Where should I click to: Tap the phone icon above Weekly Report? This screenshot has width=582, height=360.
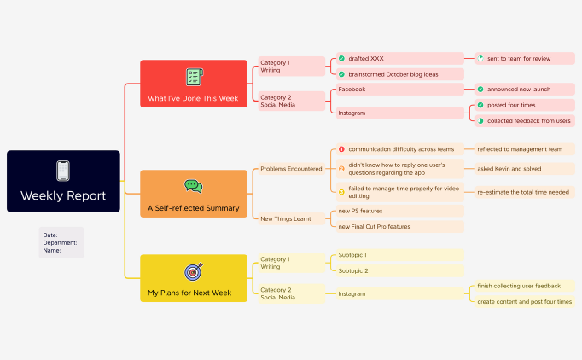(63, 171)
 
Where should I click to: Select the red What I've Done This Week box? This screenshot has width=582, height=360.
(193, 84)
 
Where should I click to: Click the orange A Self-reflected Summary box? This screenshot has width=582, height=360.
(193, 194)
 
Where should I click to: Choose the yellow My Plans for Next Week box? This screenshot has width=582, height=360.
(193, 279)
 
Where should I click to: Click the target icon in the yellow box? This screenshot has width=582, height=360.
(194, 271)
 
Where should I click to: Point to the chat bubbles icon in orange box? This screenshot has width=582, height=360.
(193, 185)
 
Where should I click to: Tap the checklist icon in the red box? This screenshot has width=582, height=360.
(194, 77)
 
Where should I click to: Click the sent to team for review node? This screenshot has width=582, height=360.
(518, 59)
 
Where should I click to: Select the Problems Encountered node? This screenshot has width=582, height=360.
(291, 169)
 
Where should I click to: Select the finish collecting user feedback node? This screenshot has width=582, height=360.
(519, 286)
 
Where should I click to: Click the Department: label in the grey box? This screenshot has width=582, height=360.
(60, 242)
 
